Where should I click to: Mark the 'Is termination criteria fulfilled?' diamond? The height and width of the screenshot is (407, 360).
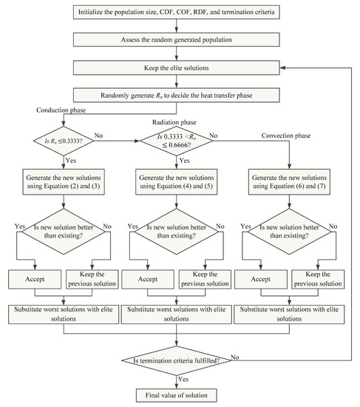[x=176, y=360]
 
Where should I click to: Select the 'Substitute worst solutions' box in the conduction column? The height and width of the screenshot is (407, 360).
[x=64, y=313]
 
